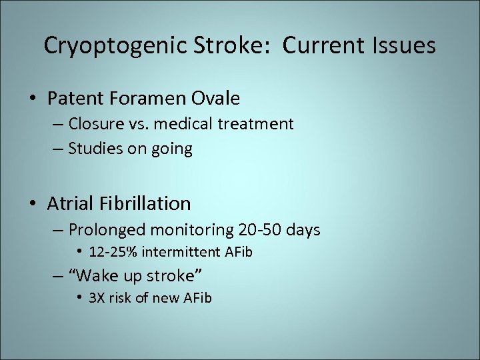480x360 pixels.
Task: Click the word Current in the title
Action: click(x=319, y=45)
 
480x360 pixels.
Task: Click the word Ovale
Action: click(x=215, y=99)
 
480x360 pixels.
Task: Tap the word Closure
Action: click(x=93, y=124)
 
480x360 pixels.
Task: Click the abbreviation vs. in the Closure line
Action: click(x=136, y=124)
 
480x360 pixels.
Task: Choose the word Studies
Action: click(x=94, y=149)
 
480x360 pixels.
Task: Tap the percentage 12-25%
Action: click(x=117, y=253)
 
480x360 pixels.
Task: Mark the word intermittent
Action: click(x=181, y=253)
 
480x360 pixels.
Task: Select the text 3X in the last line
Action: click(x=97, y=298)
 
